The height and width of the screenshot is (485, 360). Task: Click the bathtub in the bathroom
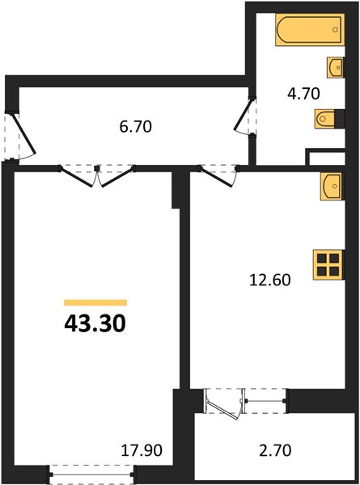click(310, 30)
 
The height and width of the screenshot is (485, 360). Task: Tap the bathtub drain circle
click(335, 30)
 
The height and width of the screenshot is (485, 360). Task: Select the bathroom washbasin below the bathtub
click(336, 67)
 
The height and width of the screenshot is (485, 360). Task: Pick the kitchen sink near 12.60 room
click(332, 187)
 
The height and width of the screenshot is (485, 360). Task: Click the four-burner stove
click(328, 265)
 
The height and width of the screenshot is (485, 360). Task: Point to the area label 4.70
click(303, 94)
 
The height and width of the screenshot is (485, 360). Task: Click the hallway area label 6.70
click(136, 127)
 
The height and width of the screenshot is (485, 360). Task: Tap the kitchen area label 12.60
click(270, 280)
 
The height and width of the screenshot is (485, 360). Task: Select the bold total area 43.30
click(95, 323)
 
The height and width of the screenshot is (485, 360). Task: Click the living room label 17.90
click(142, 450)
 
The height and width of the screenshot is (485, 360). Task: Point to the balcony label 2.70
click(275, 450)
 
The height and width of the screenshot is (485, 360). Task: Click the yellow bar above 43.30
click(95, 302)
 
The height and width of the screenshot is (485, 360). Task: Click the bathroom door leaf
click(244, 115)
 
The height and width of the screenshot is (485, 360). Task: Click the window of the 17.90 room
click(91, 474)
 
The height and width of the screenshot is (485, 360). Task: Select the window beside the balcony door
click(265, 401)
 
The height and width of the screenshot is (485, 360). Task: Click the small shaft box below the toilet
click(325, 157)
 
